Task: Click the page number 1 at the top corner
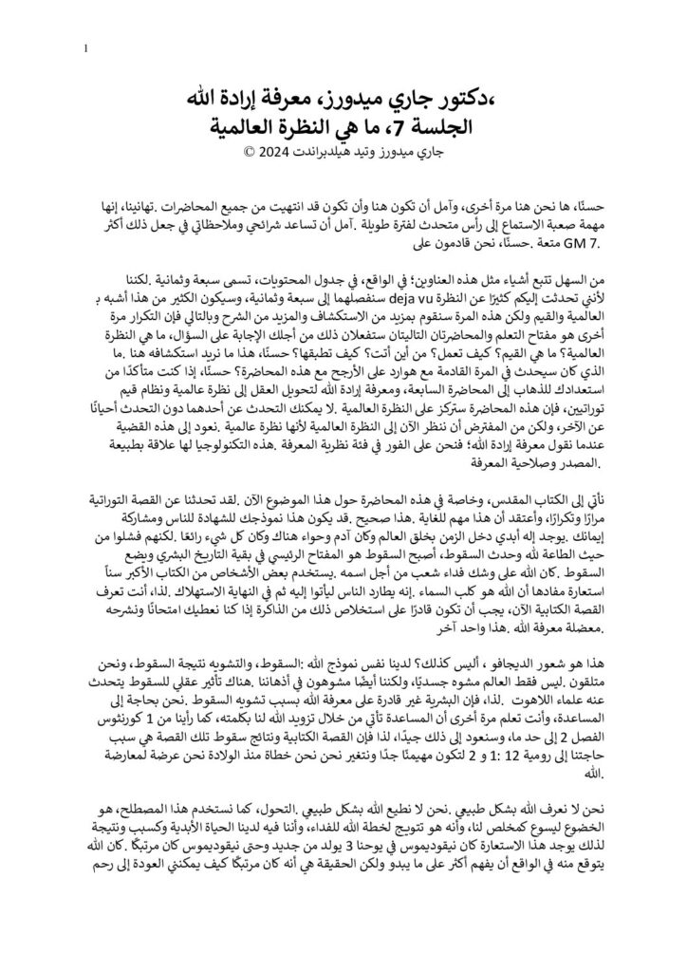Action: tap(86, 49)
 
